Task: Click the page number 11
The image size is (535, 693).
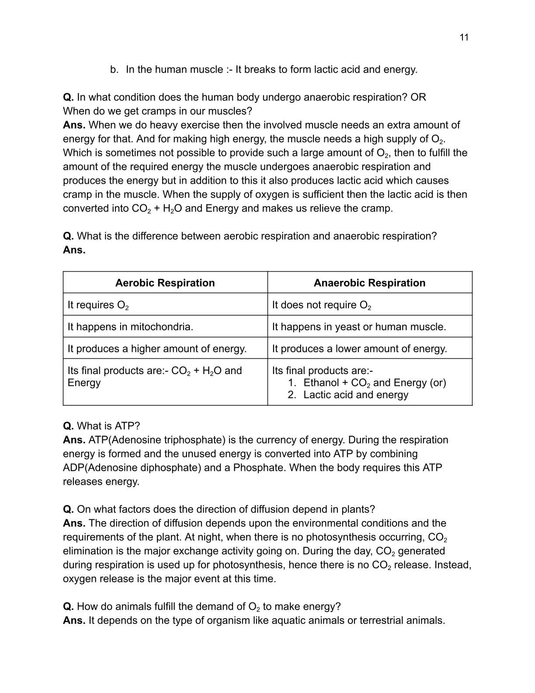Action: click(x=464, y=38)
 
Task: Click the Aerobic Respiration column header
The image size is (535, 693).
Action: click(x=165, y=283)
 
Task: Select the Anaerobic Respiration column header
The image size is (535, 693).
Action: click(x=369, y=283)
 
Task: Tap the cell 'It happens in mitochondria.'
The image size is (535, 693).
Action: click(x=130, y=327)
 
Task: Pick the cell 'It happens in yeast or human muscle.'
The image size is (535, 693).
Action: click(x=359, y=327)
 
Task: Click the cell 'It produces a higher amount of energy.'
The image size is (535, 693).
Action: click(x=157, y=349)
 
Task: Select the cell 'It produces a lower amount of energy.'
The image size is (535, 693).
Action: click(x=359, y=349)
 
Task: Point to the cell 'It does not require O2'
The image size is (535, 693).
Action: click(x=321, y=305)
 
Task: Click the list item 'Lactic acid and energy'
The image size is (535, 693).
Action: click(x=355, y=395)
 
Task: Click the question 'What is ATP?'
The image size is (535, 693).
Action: click(x=108, y=426)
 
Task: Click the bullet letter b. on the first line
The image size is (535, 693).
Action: click(x=115, y=70)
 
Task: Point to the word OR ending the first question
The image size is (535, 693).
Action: click(x=418, y=97)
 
